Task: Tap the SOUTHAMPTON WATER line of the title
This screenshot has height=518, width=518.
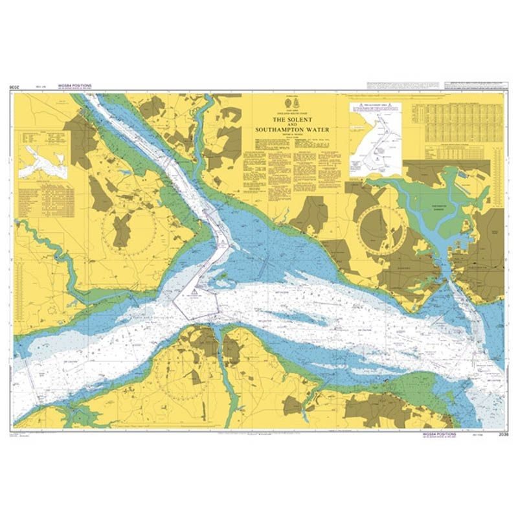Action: pos(292,130)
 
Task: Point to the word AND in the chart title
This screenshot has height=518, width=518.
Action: pos(292,126)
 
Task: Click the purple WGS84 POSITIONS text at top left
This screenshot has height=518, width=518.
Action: pos(76,85)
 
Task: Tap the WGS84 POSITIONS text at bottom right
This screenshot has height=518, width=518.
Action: pos(439,433)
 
